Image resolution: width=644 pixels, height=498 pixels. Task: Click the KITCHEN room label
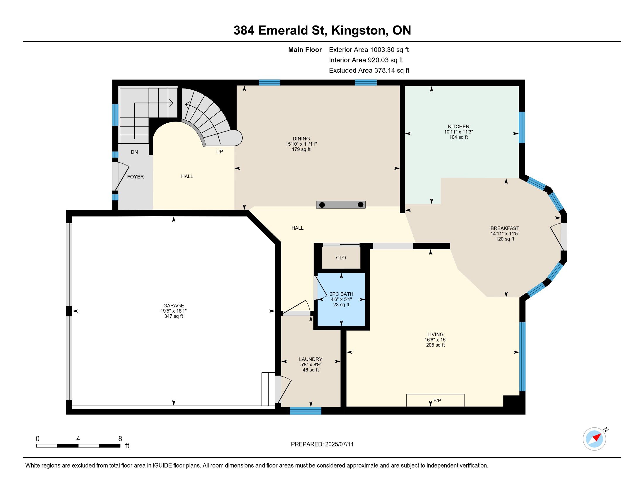pos(458,127)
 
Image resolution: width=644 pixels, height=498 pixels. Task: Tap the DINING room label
pos(301,139)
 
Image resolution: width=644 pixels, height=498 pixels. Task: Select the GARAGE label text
pos(174,306)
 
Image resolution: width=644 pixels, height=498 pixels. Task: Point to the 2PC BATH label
pos(341,294)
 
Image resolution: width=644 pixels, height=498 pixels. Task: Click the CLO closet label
pos(341,257)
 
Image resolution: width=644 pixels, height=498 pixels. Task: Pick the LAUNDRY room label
pos(311,359)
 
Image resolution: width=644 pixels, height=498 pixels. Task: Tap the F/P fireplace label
pos(437,400)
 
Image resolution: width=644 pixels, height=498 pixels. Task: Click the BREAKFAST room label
pos(505,228)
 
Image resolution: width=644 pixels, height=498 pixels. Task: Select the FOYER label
pos(135,177)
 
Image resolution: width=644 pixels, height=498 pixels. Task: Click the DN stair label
pos(134,152)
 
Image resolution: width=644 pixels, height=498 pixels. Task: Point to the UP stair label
pos(219,152)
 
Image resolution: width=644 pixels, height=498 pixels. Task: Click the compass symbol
pos(595,439)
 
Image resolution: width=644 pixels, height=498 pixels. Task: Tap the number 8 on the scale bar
pos(120,439)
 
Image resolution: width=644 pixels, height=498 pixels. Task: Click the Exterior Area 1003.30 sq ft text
pos(369,50)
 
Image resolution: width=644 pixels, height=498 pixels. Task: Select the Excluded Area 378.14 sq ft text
pos(369,71)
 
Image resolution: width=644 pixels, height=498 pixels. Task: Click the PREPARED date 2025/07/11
pos(339,444)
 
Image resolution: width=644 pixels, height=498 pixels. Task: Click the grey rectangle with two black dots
pos(341,205)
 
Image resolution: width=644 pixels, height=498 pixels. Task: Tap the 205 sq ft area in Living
pos(435,345)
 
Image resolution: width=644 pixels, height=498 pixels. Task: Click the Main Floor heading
pos(305,50)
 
